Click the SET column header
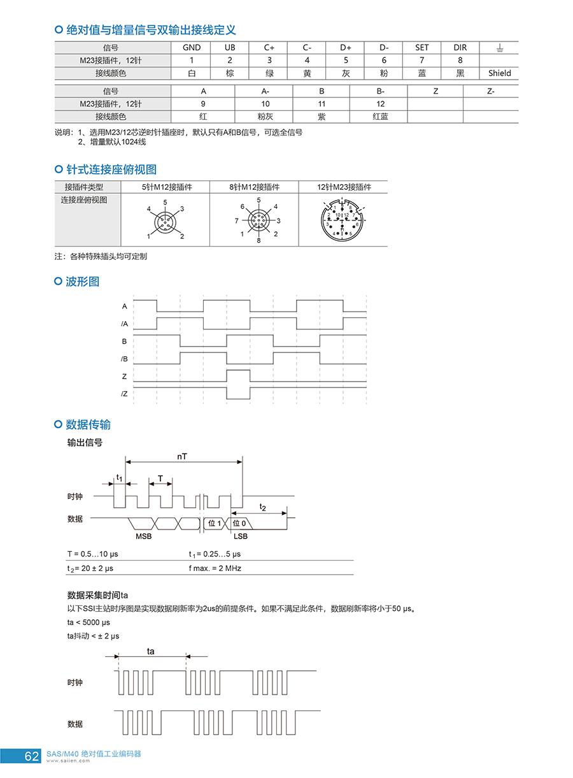[421, 48]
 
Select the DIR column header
[460, 48]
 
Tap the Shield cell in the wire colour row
[499, 73]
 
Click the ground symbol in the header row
[499, 48]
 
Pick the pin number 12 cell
[380, 104]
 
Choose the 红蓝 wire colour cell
[380, 117]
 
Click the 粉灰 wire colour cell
[265, 117]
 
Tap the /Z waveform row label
[125, 394]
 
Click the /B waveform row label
[125, 359]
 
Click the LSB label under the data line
[241, 537]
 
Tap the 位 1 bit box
[215, 523]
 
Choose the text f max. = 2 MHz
[215, 568]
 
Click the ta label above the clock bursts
[151, 651]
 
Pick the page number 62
[32, 756]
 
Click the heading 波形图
[83, 282]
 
